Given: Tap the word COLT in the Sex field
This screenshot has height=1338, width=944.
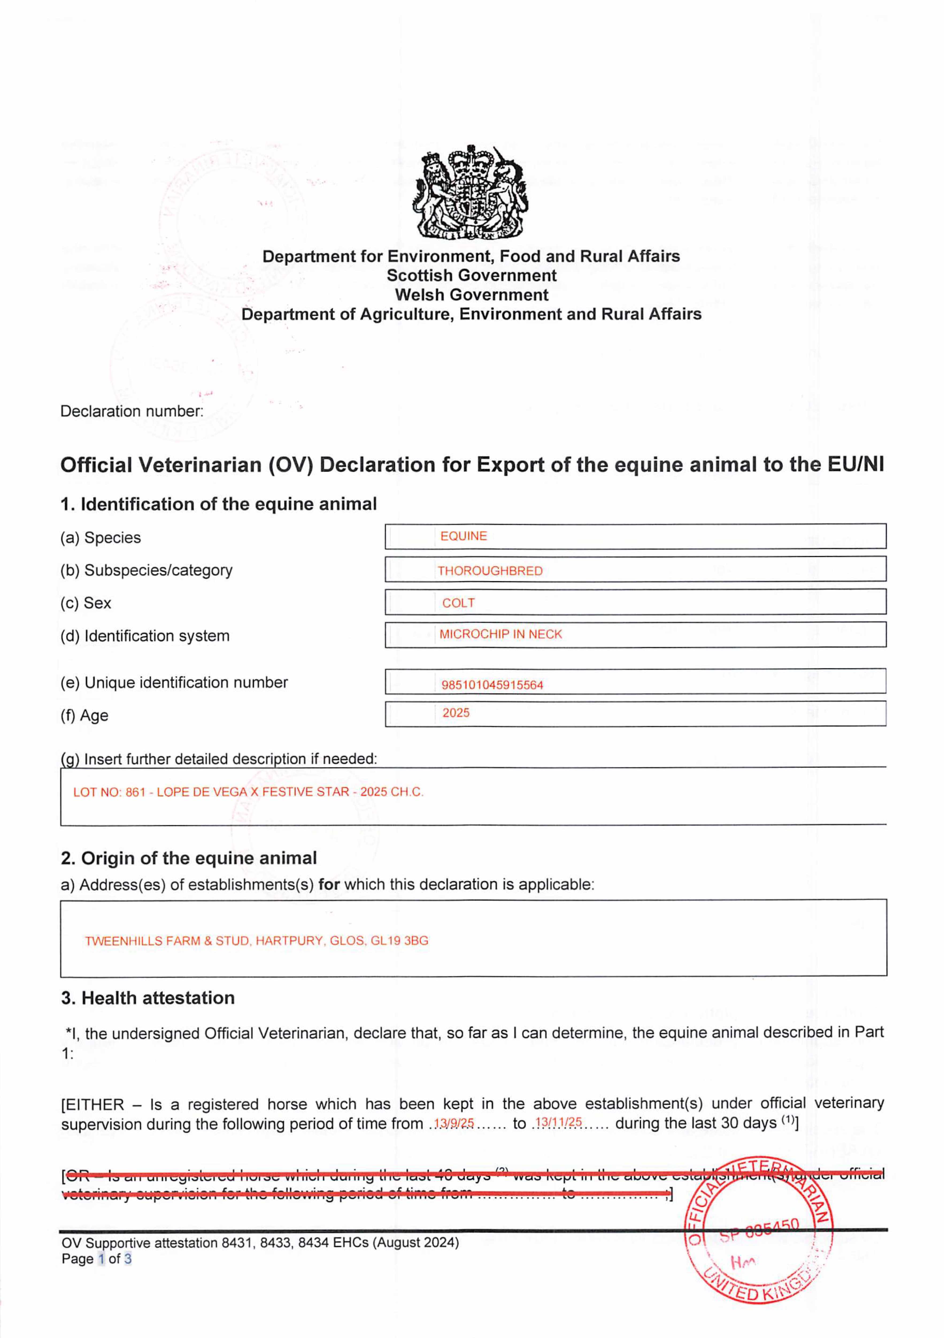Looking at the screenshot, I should [x=458, y=603].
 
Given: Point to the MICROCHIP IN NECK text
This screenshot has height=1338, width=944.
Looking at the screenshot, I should [x=500, y=634].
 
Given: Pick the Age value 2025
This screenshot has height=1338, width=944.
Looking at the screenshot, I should [x=456, y=713].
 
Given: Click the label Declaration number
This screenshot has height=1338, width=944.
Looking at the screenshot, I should [x=132, y=411].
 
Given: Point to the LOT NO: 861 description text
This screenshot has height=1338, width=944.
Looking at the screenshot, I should [x=248, y=792].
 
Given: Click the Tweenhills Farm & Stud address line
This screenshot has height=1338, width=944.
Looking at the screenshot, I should [x=256, y=941].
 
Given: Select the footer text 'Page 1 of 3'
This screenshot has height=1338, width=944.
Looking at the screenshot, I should [x=97, y=1259].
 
